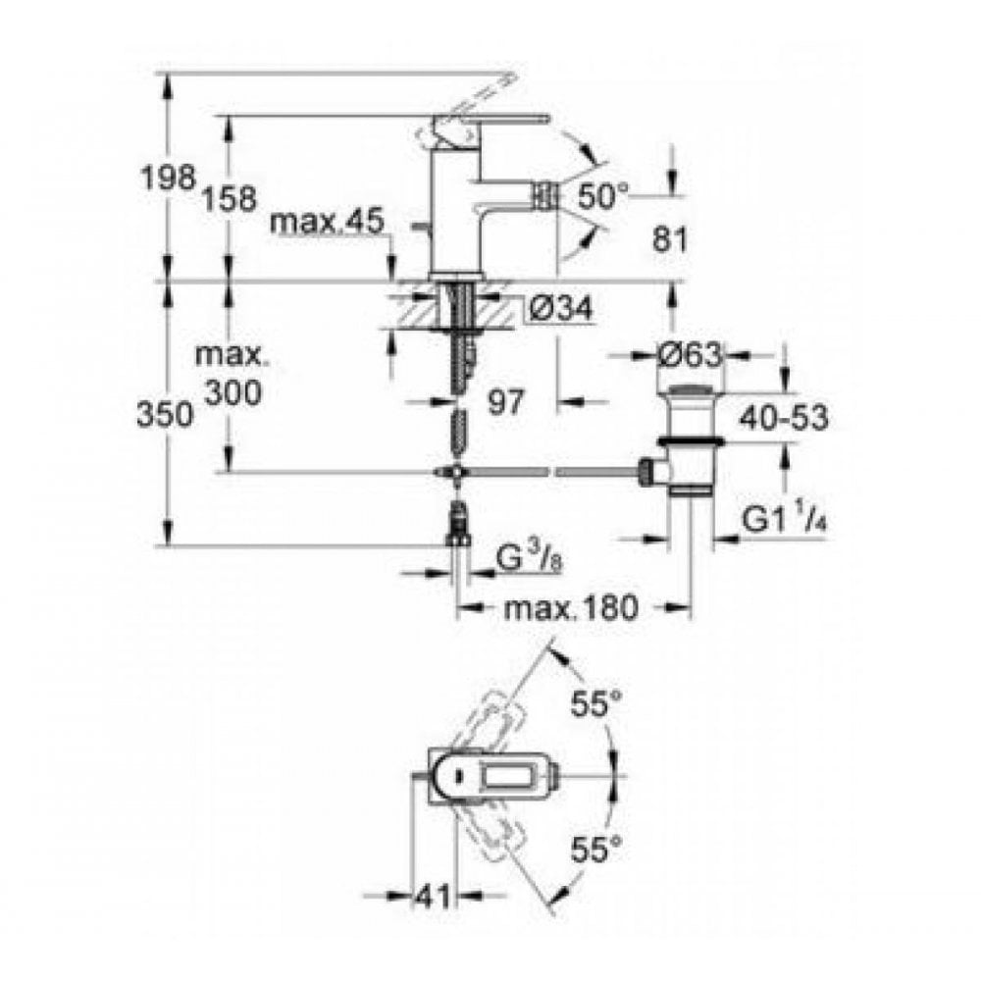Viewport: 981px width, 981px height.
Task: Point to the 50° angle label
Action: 600,195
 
